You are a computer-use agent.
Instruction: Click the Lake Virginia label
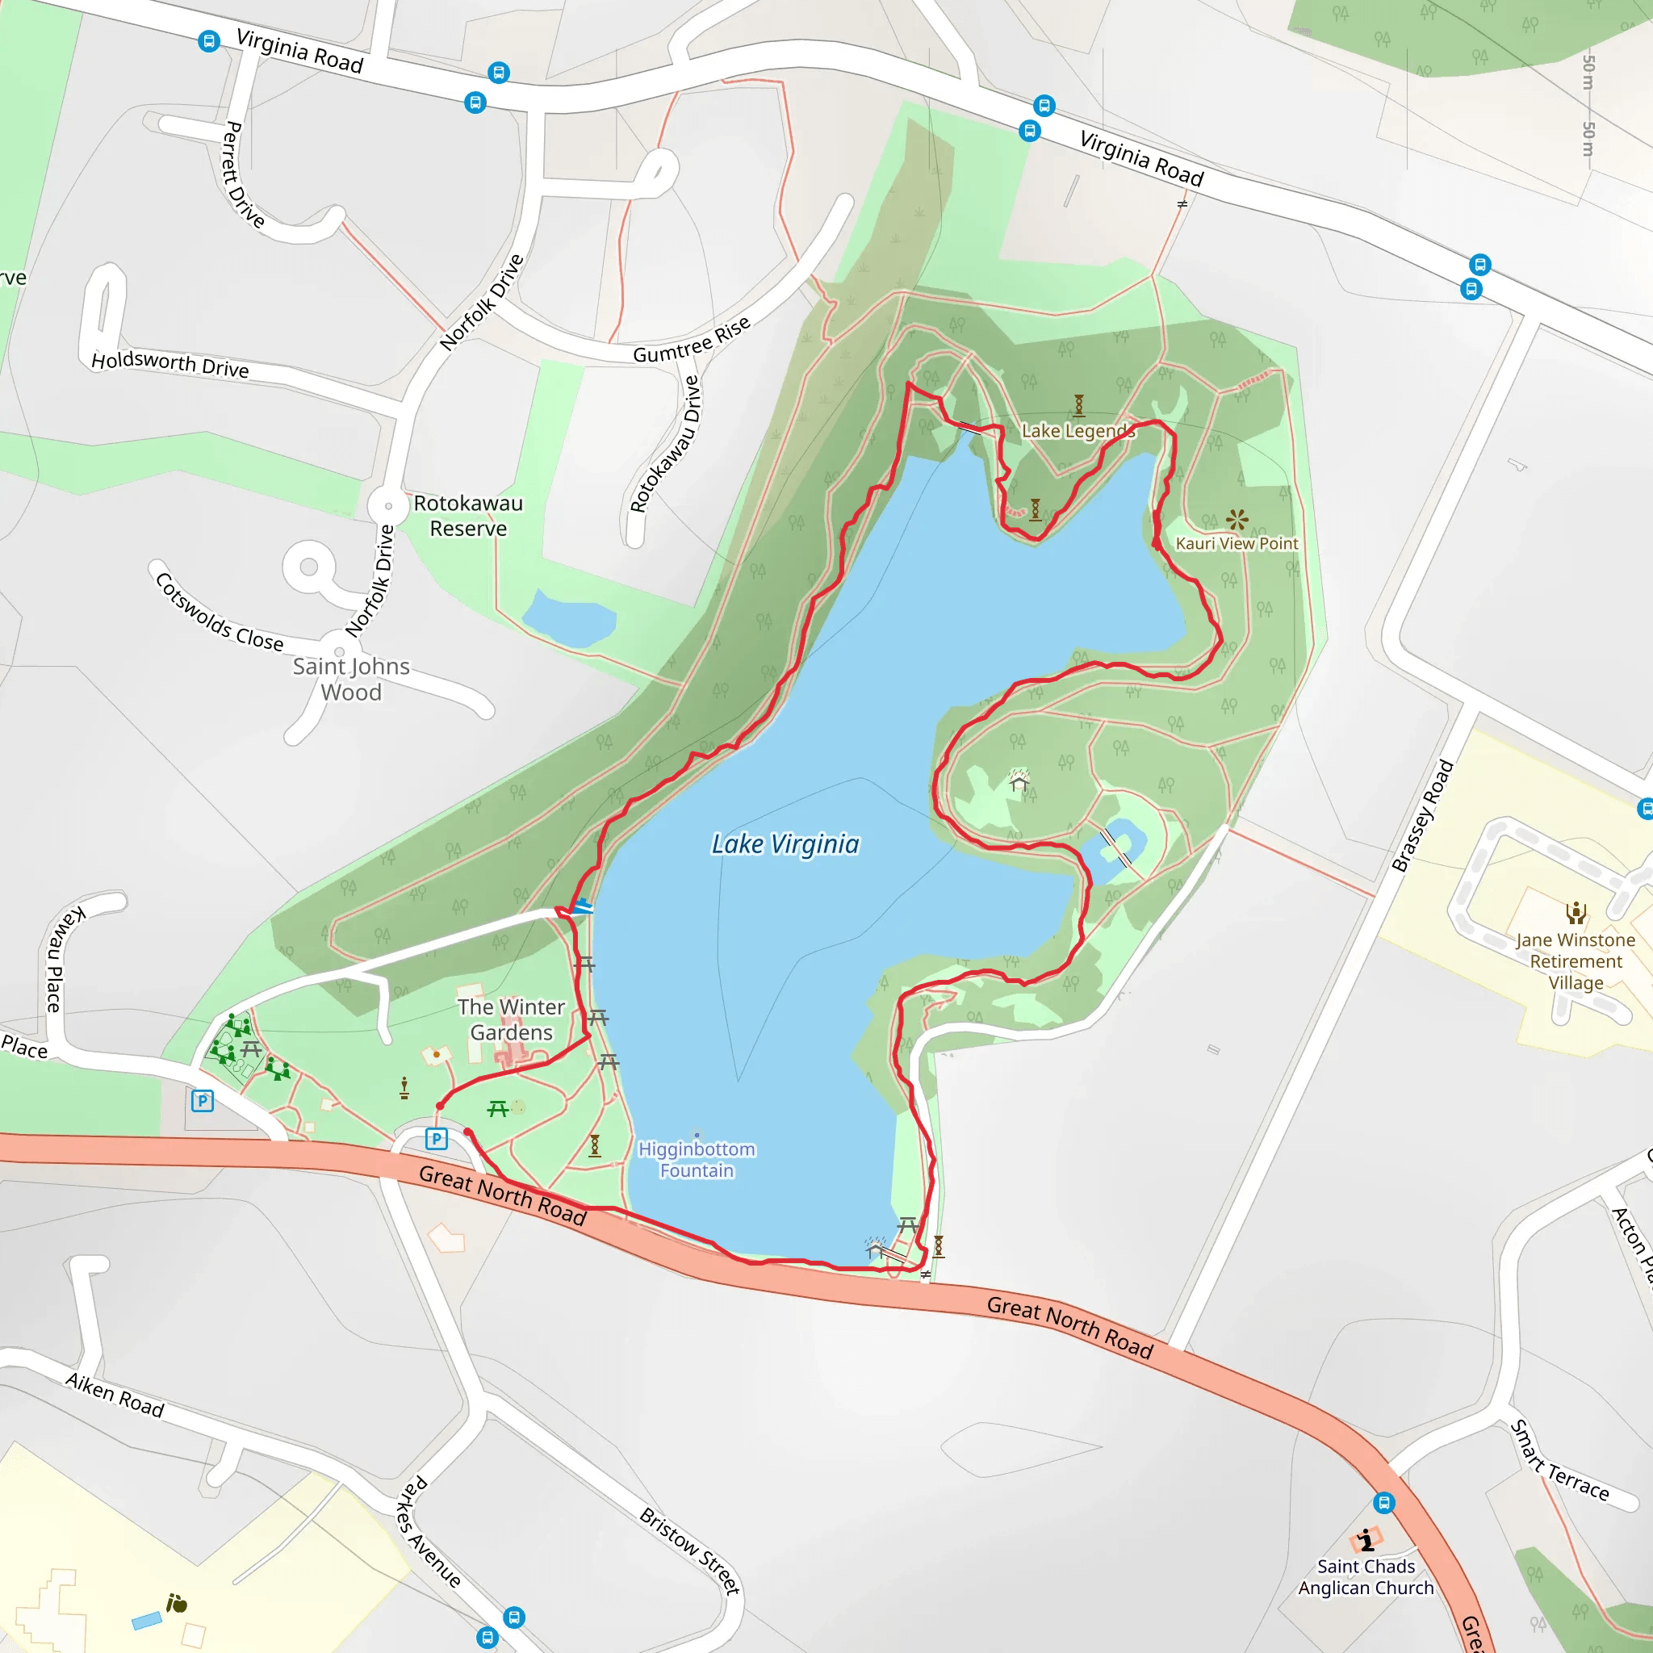click(x=785, y=844)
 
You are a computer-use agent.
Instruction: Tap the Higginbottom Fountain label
click(x=697, y=1159)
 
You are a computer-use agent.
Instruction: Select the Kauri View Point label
click(x=1237, y=543)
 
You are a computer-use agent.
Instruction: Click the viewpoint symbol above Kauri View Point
click(x=1237, y=518)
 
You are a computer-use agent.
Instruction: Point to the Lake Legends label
click(x=1078, y=431)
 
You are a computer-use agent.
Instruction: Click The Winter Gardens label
click(x=511, y=1019)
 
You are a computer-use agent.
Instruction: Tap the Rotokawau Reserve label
click(x=468, y=515)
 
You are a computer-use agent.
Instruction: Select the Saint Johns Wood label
click(x=351, y=679)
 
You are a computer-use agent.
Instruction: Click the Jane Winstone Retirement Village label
click(x=1576, y=960)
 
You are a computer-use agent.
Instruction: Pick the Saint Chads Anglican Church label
click(x=1366, y=1577)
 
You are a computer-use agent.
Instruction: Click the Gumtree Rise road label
click(x=692, y=340)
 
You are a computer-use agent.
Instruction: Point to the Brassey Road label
click(x=1422, y=815)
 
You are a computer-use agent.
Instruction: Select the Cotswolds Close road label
click(x=219, y=613)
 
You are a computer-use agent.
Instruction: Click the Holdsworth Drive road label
click(x=169, y=364)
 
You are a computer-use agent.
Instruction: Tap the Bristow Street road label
click(x=689, y=1551)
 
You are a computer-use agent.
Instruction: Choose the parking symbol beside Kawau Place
click(x=202, y=1100)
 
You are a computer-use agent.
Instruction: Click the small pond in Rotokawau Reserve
click(x=568, y=616)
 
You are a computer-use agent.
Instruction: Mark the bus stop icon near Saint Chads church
click(x=1383, y=1502)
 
